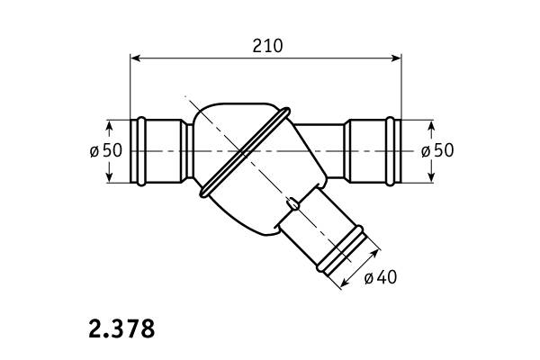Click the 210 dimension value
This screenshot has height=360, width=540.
tap(267, 46)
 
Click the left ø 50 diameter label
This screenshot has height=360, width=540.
tap(106, 150)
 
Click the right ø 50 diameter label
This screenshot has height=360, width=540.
tap(437, 150)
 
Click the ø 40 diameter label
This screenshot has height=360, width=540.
tap(381, 277)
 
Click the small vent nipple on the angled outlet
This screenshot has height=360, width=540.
tap(292, 203)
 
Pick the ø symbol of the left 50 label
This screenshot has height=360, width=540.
tap(94, 150)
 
